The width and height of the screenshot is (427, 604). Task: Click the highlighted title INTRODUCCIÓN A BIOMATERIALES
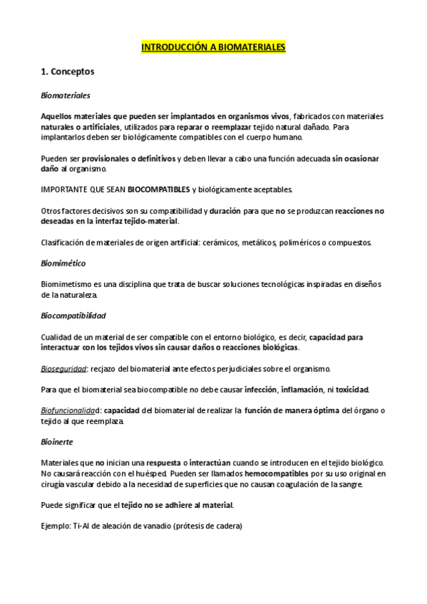pyautogui.click(x=213, y=47)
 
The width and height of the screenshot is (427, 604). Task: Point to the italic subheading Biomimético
pyautogui.click(x=63, y=264)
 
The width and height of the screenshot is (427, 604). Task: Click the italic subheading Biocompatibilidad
pyautogui.click(x=73, y=316)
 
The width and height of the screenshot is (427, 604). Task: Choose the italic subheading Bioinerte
pyautogui.click(x=57, y=442)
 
